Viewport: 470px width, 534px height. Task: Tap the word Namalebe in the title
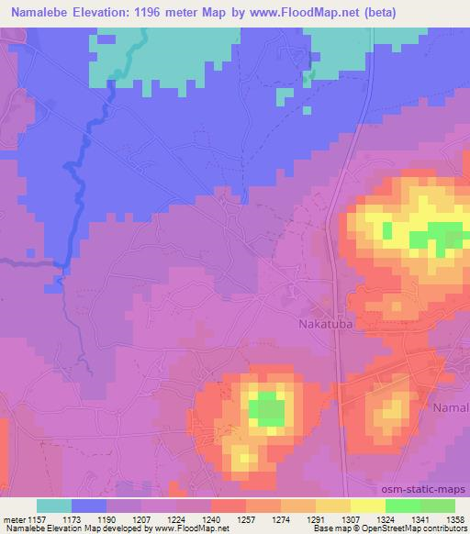(x=45, y=12)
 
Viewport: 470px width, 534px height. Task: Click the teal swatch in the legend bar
(x=54, y=506)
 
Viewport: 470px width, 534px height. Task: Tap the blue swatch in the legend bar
(x=89, y=506)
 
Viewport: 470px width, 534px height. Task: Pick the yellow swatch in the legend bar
(x=367, y=506)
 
